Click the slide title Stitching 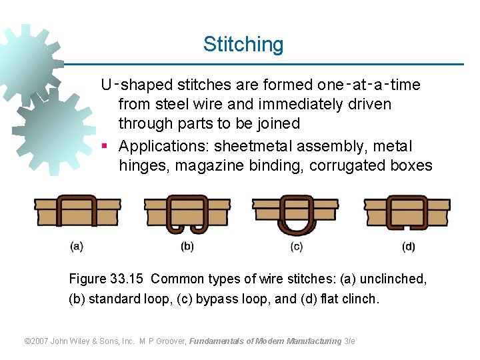point(243,45)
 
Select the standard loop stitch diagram point(187,213)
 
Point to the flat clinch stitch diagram point(407,212)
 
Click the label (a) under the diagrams point(77,247)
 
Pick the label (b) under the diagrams point(187,247)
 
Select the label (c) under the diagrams point(297,247)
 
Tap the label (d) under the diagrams point(409,247)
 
